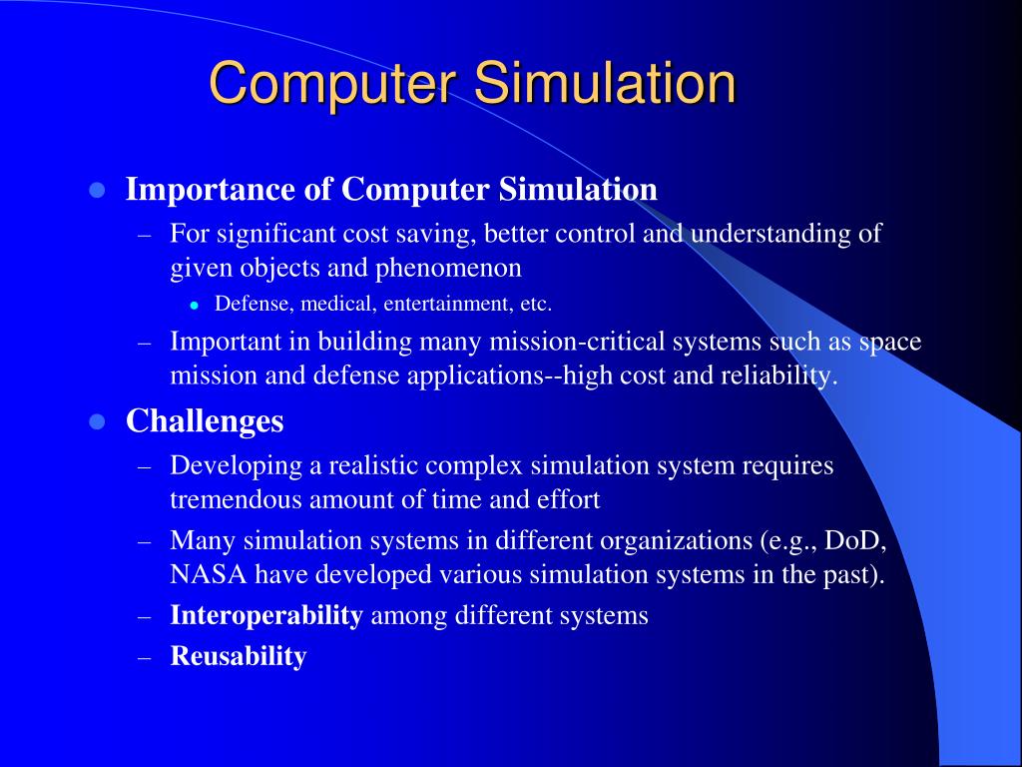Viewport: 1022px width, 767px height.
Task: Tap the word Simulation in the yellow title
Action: point(605,84)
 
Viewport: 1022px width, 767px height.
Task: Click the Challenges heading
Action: point(205,421)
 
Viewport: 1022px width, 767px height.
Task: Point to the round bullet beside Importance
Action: point(97,190)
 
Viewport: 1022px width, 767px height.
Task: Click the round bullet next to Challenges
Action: point(97,422)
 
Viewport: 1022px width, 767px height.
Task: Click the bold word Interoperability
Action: point(266,615)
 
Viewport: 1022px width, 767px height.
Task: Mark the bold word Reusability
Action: point(239,656)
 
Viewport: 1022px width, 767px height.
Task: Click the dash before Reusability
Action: point(144,657)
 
